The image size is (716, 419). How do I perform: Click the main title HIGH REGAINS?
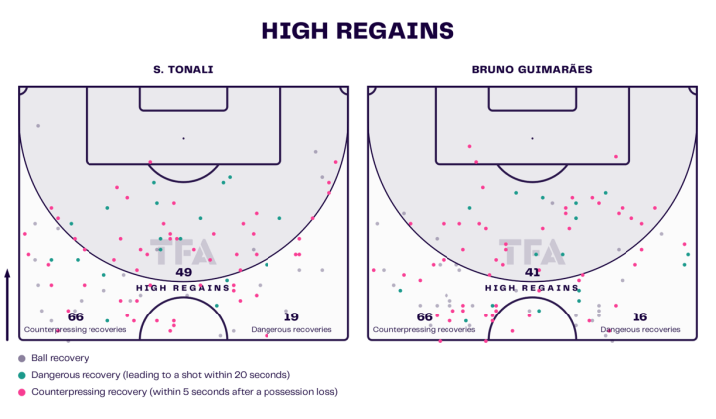[x=358, y=31]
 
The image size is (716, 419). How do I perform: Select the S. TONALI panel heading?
[x=183, y=70]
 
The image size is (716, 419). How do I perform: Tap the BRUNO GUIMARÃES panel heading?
[x=532, y=70]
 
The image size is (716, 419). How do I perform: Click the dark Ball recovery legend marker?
[x=22, y=358]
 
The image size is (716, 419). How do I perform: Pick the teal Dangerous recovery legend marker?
[x=22, y=375]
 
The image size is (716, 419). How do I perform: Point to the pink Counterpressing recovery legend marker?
[x=22, y=392]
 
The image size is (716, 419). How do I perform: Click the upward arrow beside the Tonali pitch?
[x=8, y=299]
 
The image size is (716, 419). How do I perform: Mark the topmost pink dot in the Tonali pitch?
[x=150, y=161]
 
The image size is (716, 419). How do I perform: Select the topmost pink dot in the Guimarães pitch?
[x=469, y=146]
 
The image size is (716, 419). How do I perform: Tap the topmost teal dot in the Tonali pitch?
[x=230, y=177]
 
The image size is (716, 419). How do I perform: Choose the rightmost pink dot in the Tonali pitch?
[x=336, y=161]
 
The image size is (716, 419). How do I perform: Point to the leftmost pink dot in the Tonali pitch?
[x=25, y=234]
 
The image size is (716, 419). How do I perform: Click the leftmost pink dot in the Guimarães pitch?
[x=374, y=270]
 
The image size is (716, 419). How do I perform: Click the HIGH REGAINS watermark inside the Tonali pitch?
[x=183, y=286]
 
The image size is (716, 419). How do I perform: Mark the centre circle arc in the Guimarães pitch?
[x=532, y=304]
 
